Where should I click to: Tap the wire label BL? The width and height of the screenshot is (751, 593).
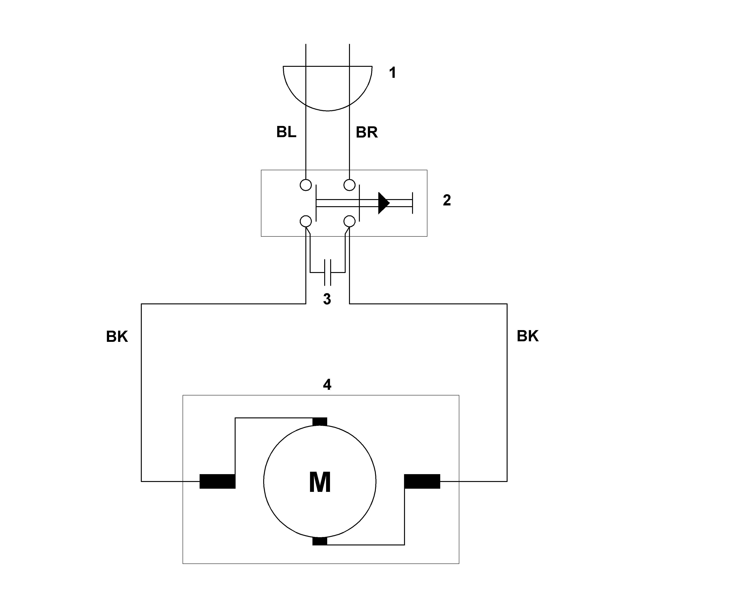(x=286, y=132)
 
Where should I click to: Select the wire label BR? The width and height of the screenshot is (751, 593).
(x=367, y=132)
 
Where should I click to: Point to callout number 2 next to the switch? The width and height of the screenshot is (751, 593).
(x=447, y=200)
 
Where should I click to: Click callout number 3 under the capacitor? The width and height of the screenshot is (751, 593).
(x=327, y=299)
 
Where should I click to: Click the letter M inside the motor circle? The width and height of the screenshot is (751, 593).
(x=320, y=482)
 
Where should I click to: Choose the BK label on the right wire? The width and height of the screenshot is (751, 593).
(x=528, y=336)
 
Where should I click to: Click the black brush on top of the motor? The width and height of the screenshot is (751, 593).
(x=320, y=422)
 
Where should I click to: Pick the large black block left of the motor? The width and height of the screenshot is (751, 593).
(x=218, y=481)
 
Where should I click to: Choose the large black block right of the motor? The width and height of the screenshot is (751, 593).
(x=422, y=481)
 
